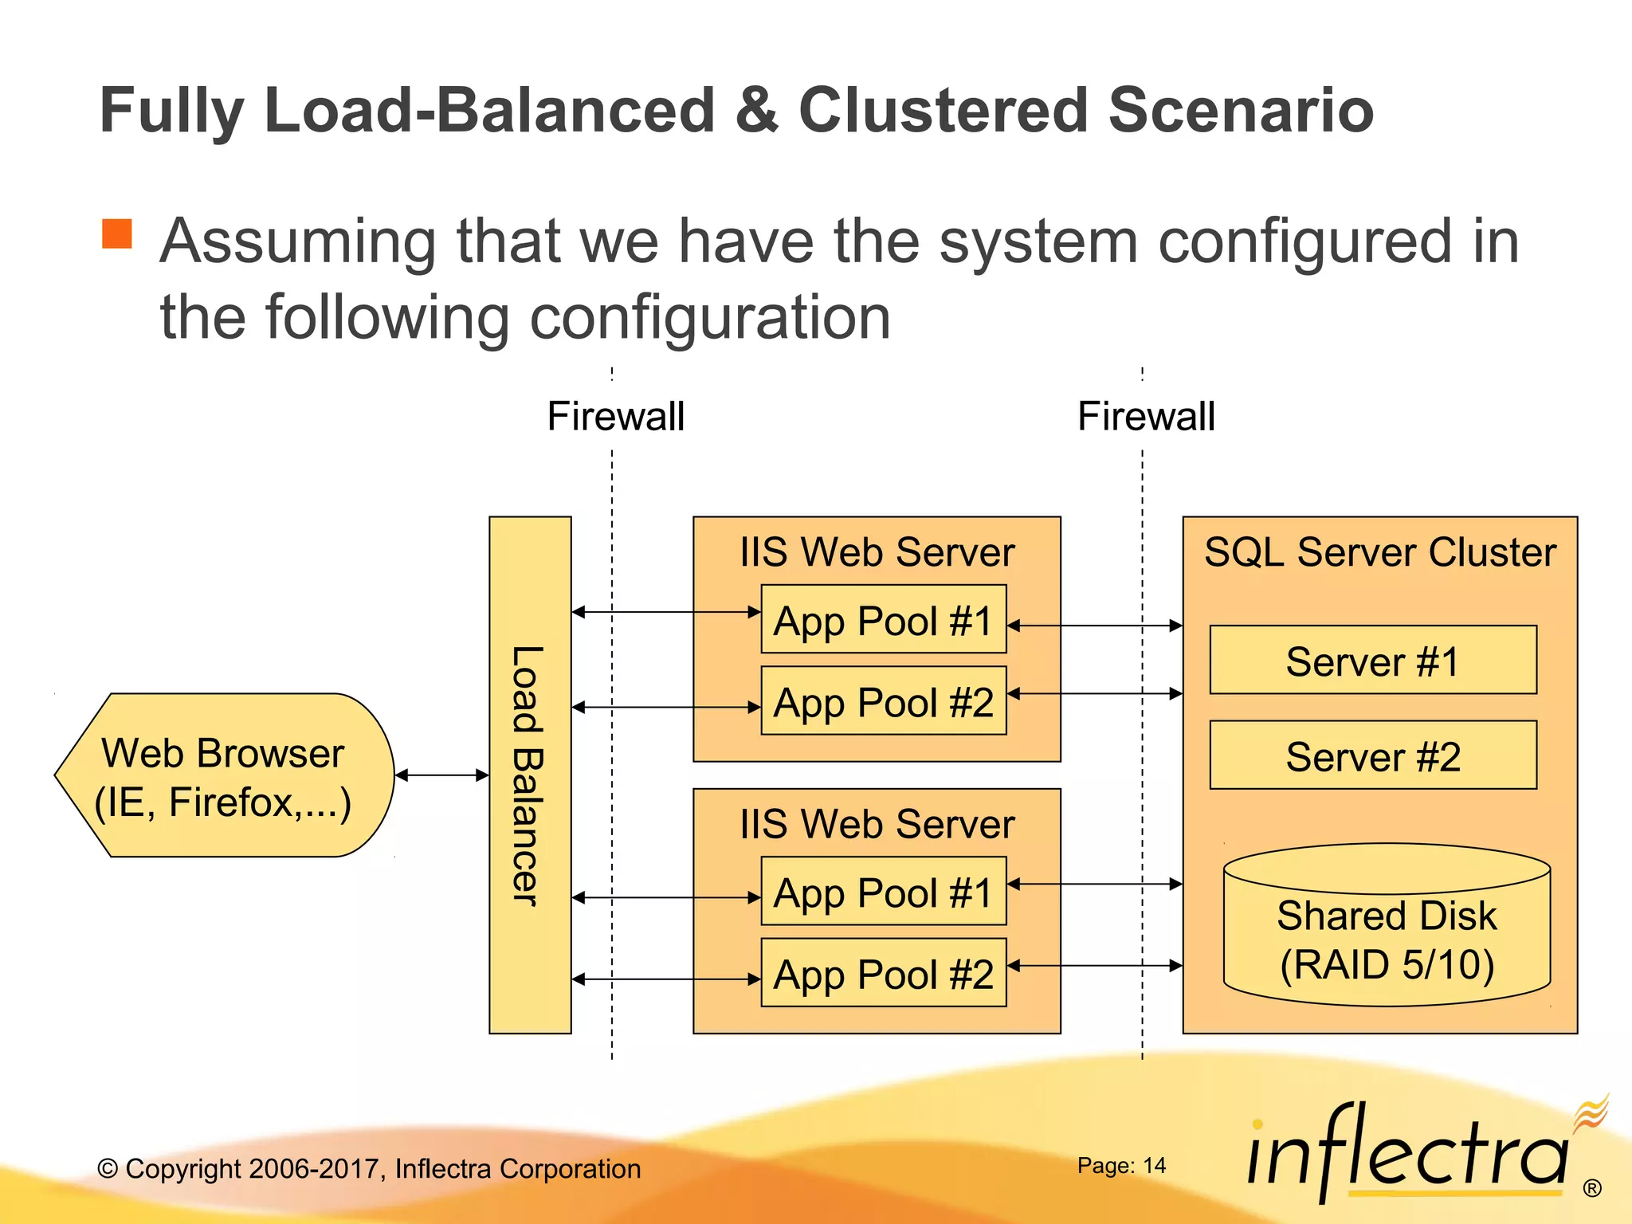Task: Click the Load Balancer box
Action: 530,775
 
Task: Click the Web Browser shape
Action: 223,775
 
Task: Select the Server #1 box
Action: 1372,660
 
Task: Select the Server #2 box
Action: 1372,755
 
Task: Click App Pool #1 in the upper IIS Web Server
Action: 883,620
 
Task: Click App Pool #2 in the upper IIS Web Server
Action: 883,701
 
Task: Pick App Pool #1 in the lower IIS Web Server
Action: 883,892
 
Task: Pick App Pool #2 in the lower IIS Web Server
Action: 883,973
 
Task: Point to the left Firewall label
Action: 615,416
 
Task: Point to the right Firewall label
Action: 1146,416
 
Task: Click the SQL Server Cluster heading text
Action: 1379,551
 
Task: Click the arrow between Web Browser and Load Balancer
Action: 441,775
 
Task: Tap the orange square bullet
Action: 117,234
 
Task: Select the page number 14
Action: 1153,1166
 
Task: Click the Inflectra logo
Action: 1410,1151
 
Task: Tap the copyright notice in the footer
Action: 369,1168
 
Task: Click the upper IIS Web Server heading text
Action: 877,551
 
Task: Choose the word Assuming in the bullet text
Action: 297,241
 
